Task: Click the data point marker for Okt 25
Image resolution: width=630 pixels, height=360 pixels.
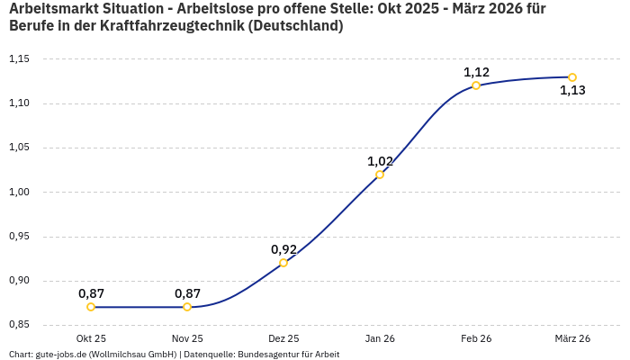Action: [x=91, y=307]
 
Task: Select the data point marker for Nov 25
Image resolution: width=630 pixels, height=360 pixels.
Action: [x=187, y=307]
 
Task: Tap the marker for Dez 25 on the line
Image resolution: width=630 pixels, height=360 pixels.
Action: [x=283, y=263]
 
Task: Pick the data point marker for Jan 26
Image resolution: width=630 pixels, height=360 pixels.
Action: [x=380, y=175]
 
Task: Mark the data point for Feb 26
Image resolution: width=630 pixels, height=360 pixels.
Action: [x=476, y=85]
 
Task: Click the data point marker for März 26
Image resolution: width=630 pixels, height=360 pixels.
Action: [x=572, y=77]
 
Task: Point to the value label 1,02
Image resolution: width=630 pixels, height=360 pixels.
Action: [x=380, y=161]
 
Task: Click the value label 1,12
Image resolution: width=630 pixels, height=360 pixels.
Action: [x=476, y=72]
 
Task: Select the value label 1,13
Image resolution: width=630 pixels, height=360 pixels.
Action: [x=572, y=90]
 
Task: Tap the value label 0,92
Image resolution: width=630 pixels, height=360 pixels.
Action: [x=283, y=249]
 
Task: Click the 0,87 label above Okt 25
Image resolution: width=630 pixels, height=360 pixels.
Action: [x=91, y=293]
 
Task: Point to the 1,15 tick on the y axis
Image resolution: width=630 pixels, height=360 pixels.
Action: [x=19, y=59]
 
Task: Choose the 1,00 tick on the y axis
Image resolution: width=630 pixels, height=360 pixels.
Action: [x=19, y=192]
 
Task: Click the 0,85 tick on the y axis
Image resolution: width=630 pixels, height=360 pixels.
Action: [x=19, y=324]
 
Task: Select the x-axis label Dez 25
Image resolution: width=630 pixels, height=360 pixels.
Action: [x=283, y=338]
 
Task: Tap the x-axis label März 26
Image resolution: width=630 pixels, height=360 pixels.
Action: [x=572, y=338]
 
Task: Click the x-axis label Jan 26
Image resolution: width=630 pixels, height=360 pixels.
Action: [x=380, y=338]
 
